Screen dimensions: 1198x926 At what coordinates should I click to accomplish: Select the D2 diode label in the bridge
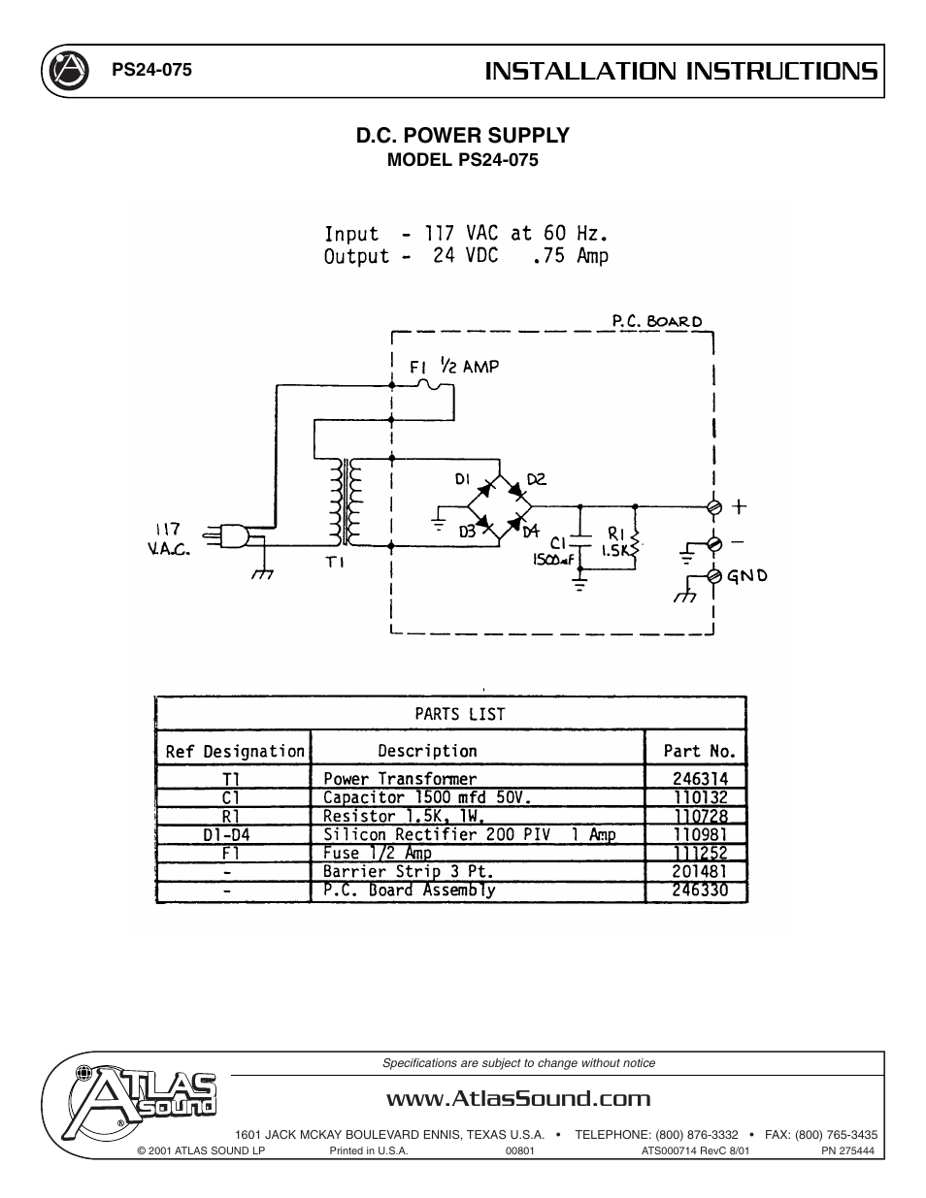(x=536, y=478)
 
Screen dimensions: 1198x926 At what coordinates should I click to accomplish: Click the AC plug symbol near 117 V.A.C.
(x=236, y=535)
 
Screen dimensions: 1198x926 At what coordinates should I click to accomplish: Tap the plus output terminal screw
(x=714, y=506)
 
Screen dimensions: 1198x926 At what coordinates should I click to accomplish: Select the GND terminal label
(x=747, y=575)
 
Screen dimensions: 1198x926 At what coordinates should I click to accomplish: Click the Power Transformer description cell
(x=400, y=778)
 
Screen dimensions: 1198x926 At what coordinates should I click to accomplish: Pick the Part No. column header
(x=699, y=751)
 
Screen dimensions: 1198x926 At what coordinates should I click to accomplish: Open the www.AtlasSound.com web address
(x=517, y=1098)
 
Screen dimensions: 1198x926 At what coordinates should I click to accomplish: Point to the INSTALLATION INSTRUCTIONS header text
(x=681, y=71)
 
